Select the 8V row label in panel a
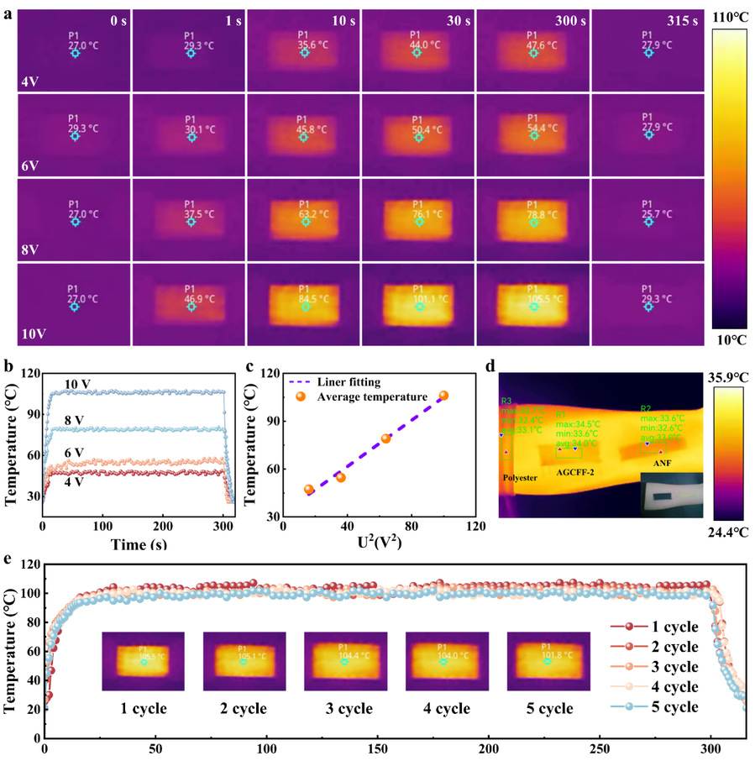coord(31,248)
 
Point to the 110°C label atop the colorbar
coord(730,16)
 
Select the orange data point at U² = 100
coord(444,396)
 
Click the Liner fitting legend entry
coord(345,381)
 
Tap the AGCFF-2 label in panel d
coord(575,474)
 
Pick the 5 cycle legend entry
coord(674,707)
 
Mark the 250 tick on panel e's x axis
coord(600,747)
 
